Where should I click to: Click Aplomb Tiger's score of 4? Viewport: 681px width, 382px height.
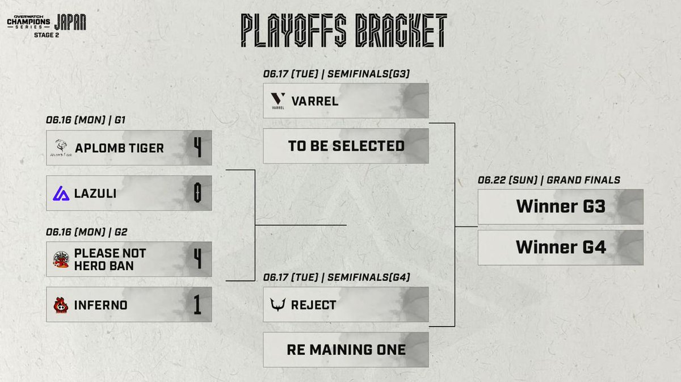(x=197, y=148)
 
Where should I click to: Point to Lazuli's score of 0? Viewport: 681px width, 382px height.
(x=197, y=193)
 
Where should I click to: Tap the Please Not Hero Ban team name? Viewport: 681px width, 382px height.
(x=110, y=259)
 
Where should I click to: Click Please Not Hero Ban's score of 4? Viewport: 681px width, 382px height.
(x=197, y=259)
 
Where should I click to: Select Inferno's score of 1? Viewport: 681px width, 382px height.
(x=197, y=305)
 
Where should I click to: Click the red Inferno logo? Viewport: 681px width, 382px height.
(x=61, y=305)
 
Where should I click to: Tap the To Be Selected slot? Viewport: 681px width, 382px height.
(x=346, y=146)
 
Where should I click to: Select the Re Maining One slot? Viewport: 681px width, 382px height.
(x=346, y=349)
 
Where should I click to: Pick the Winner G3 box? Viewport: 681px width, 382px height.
(x=560, y=207)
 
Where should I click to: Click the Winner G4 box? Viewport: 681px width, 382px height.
(x=560, y=247)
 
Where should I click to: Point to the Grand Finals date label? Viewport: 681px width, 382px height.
(x=549, y=180)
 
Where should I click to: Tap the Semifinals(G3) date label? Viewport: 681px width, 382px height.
(x=337, y=74)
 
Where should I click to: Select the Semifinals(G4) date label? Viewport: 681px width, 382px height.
(x=337, y=277)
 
